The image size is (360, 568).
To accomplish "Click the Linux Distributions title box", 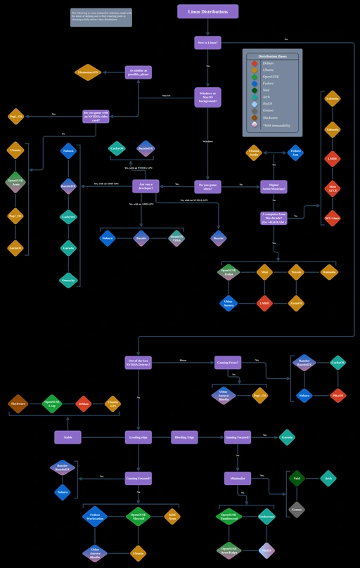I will (207, 11).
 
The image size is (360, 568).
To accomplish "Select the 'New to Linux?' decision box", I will (207, 43).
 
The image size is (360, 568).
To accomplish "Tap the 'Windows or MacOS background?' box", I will (207, 97).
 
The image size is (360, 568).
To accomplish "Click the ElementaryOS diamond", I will (88, 72).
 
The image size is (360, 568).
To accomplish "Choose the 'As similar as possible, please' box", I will (139, 72).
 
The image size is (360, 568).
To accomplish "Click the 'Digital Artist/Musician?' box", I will (274, 186).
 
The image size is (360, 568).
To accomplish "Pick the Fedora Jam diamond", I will (296, 153).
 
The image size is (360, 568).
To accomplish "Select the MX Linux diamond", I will (333, 218).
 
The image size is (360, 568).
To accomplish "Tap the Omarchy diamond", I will (68, 279).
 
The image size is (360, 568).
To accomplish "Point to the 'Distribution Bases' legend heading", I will (272, 56).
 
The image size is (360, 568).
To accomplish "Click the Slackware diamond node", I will (18, 404).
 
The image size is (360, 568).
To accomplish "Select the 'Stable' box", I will (67, 437).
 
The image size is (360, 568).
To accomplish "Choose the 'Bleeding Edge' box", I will (184, 437).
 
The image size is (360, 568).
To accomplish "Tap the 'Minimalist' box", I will (238, 478).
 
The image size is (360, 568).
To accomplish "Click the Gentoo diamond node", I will (297, 510).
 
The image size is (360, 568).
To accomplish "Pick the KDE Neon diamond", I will (172, 517).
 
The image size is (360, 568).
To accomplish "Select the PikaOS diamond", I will (337, 396).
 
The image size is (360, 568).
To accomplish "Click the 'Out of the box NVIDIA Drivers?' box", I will (139, 362).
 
